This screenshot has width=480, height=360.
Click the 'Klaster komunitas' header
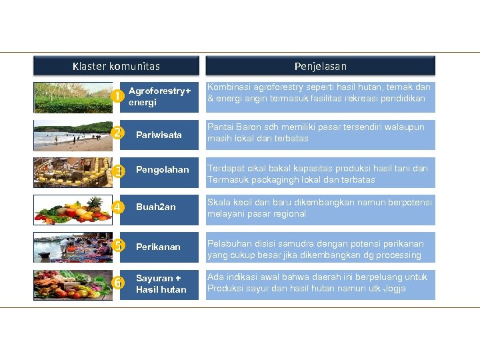point(116,66)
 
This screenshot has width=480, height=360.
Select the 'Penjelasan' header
point(320,66)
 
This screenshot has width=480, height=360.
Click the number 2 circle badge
point(117,133)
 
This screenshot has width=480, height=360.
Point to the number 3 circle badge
point(117,171)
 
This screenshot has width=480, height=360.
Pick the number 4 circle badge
point(117,207)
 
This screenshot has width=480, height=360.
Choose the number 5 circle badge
point(117,245)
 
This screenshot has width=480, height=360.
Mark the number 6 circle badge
point(117,283)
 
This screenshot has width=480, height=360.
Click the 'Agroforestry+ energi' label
point(159,97)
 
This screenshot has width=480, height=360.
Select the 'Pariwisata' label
point(159,135)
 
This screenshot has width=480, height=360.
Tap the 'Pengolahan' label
point(159,170)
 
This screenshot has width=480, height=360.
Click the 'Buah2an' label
point(155,207)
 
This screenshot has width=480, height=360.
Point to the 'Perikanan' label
point(158,247)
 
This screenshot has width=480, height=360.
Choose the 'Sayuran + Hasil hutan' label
point(161,284)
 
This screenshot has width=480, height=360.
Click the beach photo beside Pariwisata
point(73,135)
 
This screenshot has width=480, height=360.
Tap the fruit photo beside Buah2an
point(73,209)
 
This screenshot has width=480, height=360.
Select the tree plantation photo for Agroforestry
point(73,97)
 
